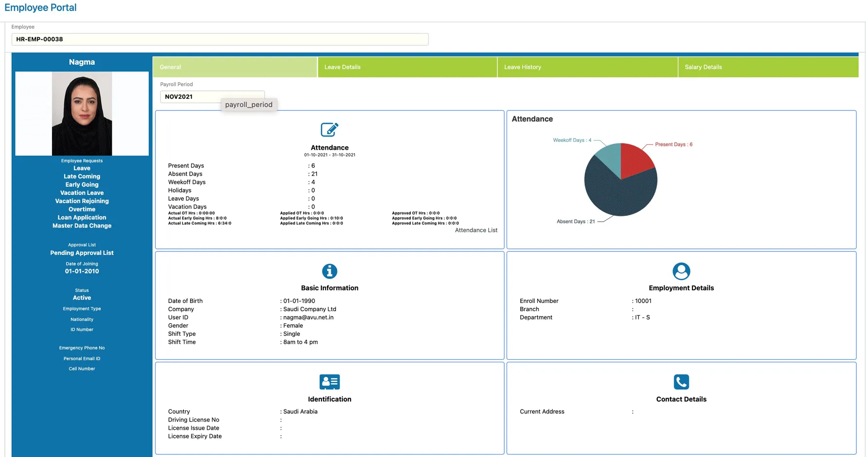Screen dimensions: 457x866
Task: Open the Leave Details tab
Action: pos(342,67)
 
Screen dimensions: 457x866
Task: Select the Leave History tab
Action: pos(522,67)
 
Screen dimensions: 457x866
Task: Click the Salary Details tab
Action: pos(703,67)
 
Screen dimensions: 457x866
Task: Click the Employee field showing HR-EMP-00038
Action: pos(220,39)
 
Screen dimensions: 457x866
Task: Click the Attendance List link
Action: pos(476,230)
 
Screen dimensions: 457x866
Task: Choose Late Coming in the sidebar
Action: pos(82,176)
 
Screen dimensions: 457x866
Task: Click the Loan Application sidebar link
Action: pos(82,217)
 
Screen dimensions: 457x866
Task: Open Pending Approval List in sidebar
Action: pos(82,253)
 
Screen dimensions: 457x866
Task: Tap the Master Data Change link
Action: pos(82,226)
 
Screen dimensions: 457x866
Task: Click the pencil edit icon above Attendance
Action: pos(329,130)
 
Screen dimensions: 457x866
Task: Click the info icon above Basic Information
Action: pos(329,271)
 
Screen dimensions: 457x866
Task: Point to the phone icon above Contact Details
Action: pos(681,382)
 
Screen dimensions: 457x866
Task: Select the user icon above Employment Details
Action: pos(681,271)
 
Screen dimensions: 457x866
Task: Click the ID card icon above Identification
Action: pos(329,382)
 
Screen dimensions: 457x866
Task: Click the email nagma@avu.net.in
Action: pos(308,317)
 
